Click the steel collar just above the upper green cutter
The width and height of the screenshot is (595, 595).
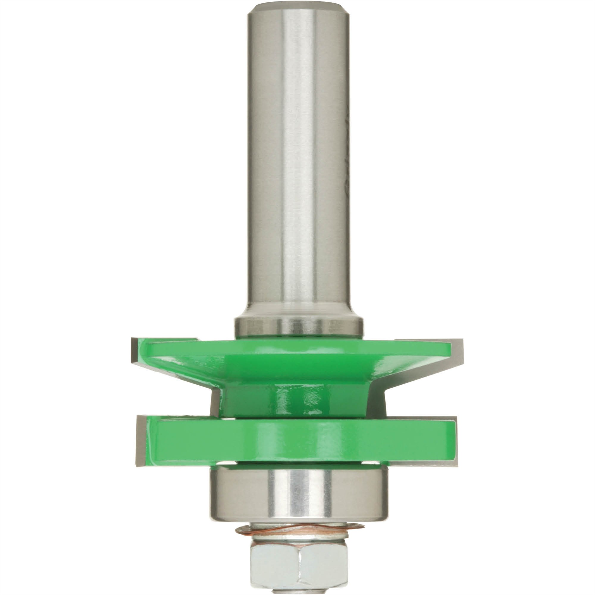pyautogui.click(x=298, y=327)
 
